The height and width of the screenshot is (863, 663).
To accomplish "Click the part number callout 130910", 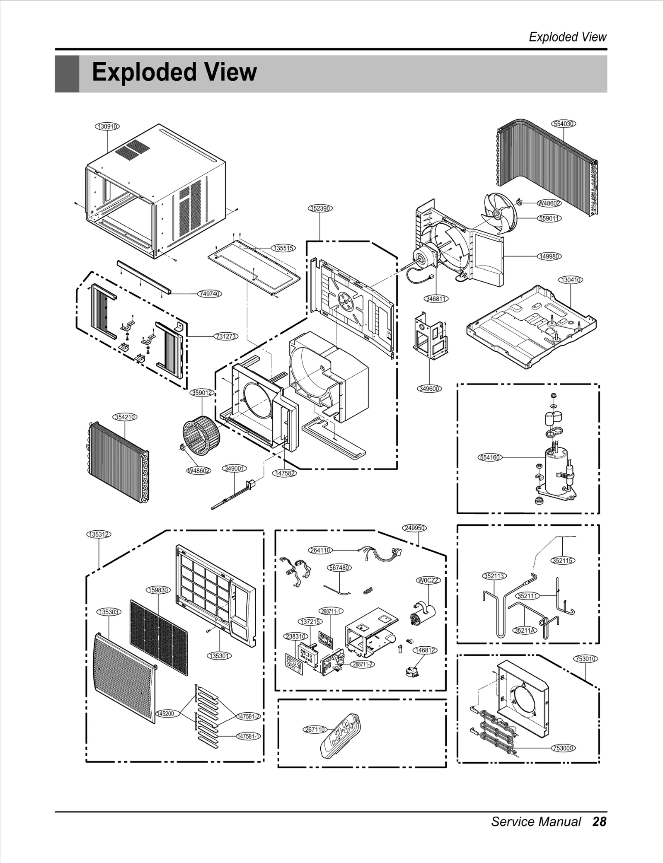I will pyautogui.click(x=107, y=126).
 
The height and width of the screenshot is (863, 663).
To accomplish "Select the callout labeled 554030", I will pyautogui.click(x=564, y=123).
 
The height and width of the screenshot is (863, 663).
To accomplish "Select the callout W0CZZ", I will pyautogui.click(x=428, y=580).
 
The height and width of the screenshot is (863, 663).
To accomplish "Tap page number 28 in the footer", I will pyautogui.click(x=599, y=822).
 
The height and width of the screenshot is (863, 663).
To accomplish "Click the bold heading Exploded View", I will pyautogui.click(x=174, y=72).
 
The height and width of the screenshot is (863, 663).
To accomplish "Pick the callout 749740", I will pyautogui.click(x=210, y=294).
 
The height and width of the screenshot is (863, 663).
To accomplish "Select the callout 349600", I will pyautogui.click(x=429, y=389).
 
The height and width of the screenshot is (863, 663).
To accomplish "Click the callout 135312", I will pyautogui.click(x=99, y=534).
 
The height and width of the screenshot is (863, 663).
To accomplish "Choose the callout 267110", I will pyautogui.click(x=315, y=730).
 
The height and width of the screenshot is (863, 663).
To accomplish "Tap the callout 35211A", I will pyautogui.click(x=525, y=631).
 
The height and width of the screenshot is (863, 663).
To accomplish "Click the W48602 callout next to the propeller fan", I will pyautogui.click(x=549, y=203).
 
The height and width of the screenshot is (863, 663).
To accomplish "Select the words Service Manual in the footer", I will pyautogui.click(x=536, y=822).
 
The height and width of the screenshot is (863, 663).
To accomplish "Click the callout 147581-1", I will pyautogui.click(x=248, y=736).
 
